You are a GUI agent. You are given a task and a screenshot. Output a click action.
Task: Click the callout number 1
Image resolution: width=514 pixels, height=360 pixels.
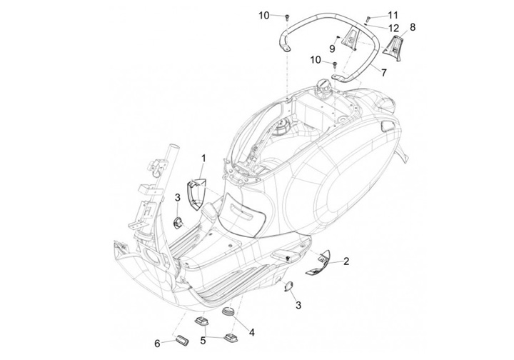[203, 159]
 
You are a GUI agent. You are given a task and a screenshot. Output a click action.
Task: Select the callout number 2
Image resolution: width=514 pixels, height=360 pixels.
[346, 261]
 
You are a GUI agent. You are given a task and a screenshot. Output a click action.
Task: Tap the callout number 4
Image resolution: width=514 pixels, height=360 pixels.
[252, 332]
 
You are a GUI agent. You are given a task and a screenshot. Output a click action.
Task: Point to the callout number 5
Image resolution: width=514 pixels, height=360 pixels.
[203, 341]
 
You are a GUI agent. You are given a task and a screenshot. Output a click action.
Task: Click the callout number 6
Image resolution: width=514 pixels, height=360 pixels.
[157, 344]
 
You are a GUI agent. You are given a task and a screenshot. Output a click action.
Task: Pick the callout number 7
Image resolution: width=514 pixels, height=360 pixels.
[384, 72]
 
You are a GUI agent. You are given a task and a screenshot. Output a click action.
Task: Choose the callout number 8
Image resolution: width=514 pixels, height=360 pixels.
[413, 27]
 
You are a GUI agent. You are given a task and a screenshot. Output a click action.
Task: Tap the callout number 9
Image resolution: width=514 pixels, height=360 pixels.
[332, 49]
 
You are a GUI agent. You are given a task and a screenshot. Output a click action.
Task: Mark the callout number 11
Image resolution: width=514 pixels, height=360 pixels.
[393, 15]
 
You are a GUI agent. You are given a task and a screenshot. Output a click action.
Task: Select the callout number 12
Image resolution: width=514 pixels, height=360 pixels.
[393, 28]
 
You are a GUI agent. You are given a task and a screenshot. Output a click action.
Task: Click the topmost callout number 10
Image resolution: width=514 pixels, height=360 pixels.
[264, 16]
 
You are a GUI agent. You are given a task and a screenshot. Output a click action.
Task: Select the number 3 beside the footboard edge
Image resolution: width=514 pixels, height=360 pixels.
[298, 305]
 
